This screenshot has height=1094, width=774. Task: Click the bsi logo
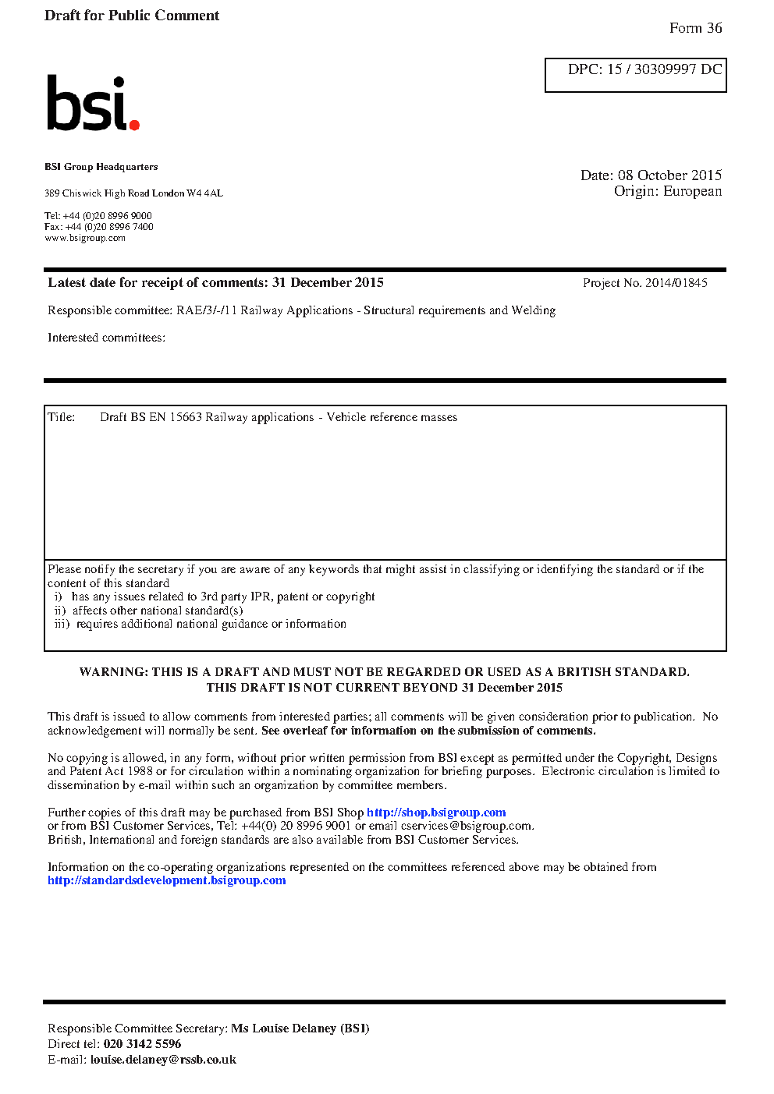tap(91, 103)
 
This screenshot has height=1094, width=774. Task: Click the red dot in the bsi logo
tap(134, 124)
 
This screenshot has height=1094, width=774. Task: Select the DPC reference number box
tap(635, 75)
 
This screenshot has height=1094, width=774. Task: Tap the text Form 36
tap(695, 28)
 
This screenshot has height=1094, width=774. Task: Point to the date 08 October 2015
tap(669, 175)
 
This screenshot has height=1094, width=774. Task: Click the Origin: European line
tap(667, 191)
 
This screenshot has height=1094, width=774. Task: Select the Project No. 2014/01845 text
tap(644, 283)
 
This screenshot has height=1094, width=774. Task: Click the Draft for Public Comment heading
tap(132, 16)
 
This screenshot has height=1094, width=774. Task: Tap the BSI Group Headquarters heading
tap(101, 167)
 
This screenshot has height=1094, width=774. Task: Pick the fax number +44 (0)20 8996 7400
tap(109, 227)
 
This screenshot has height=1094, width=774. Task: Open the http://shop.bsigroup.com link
tap(436, 813)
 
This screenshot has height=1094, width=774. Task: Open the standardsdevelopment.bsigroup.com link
tap(166, 880)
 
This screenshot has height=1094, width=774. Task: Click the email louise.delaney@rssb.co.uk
tap(163, 1060)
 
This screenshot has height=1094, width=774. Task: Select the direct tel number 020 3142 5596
tap(142, 1044)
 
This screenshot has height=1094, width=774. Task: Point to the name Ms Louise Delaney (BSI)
tap(300, 1029)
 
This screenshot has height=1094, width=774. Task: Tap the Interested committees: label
tap(106, 338)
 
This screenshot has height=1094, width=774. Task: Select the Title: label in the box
tap(62, 417)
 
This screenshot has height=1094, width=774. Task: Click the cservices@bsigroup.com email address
tap(466, 826)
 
